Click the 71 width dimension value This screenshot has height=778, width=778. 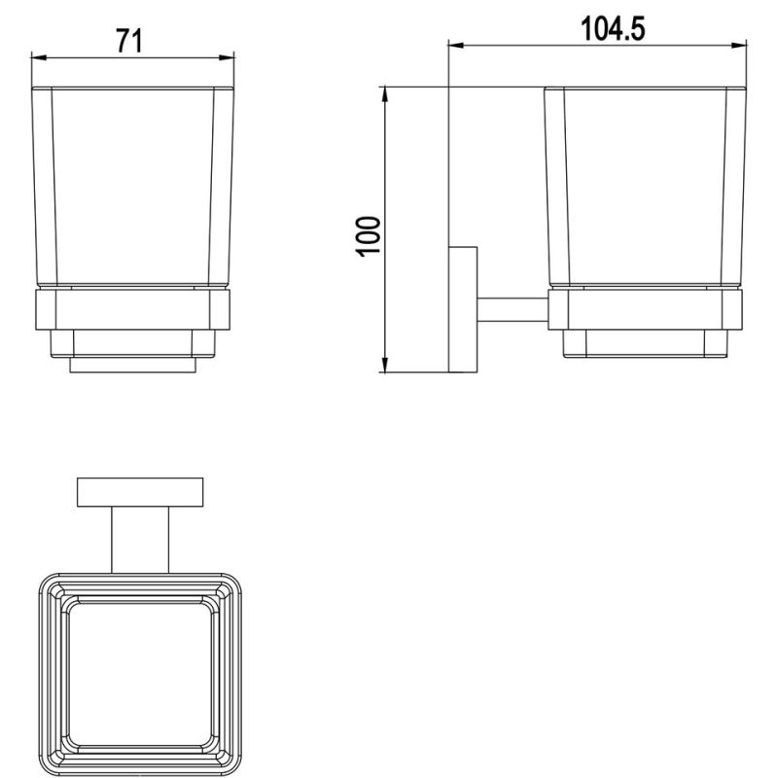click(129, 41)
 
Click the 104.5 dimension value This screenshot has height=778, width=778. click(613, 29)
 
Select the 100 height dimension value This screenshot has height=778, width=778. click(369, 236)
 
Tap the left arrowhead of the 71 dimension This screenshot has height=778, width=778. click(39, 57)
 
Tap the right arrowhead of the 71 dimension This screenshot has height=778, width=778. click(227, 57)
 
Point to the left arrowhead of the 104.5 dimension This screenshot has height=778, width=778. click(456, 46)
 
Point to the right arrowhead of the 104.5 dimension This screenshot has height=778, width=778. click(739, 46)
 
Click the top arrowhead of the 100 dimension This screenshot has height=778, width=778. click(384, 94)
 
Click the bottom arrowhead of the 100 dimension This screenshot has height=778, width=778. click(384, 364)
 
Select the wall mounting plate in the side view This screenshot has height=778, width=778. click(463, 309)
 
